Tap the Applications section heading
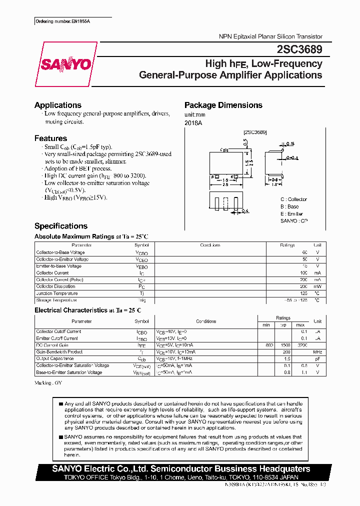pos(57,105)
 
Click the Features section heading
pos(50,138)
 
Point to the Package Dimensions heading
pos(223,105)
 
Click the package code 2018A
pos(192,122)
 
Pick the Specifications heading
pos(60,226)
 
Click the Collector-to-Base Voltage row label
pos(60,252)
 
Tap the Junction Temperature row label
pos(56,293)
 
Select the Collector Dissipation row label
pos(56,286)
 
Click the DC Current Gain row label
pos(52,345)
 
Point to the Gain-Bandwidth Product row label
pos(59,352)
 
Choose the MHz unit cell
pos(317,352)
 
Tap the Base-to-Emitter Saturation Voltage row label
pos(69,372)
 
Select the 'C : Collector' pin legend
pos(293,199)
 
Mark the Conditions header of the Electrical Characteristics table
pos(206,321)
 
